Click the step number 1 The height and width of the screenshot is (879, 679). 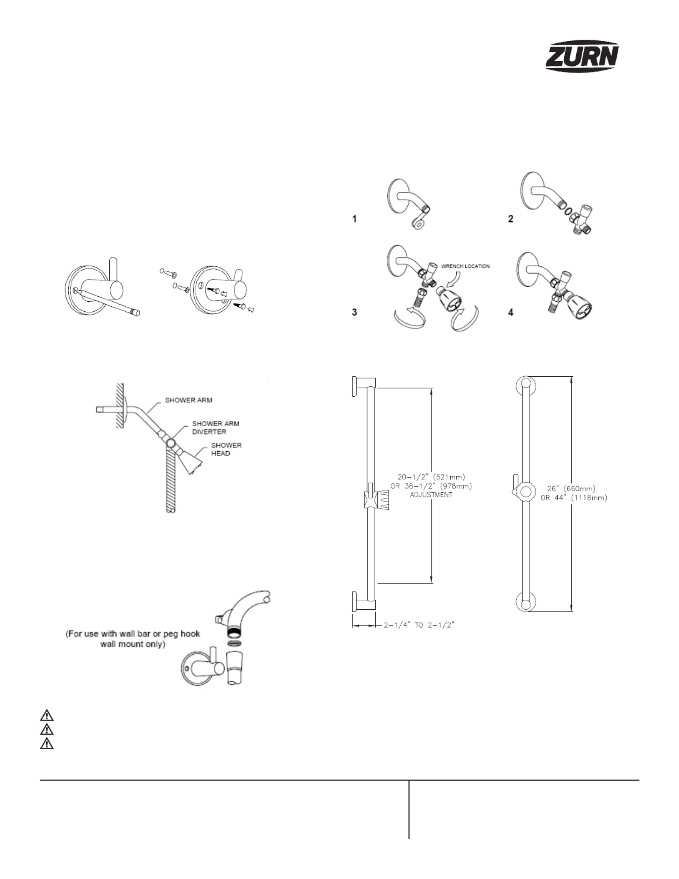point(354,219)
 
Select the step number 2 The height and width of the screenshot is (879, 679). point(510,219)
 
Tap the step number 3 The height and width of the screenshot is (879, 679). point(354,312)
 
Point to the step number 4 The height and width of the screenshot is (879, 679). point(510,312)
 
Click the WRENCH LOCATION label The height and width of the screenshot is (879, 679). point(465,266)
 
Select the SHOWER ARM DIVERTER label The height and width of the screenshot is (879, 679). point(216,427)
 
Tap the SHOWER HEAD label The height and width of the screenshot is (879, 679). point(226,449)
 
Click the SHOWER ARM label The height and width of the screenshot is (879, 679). point(188,400)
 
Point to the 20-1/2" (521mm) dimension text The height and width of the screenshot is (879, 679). point(431,477)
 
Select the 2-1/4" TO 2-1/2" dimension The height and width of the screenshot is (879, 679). point(419,625)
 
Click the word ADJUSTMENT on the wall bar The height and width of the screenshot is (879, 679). point(431,495)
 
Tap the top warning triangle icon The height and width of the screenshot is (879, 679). point(47,716)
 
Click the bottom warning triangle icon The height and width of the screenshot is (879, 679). point(47,743)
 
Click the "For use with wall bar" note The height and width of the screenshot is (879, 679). point(133,639)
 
